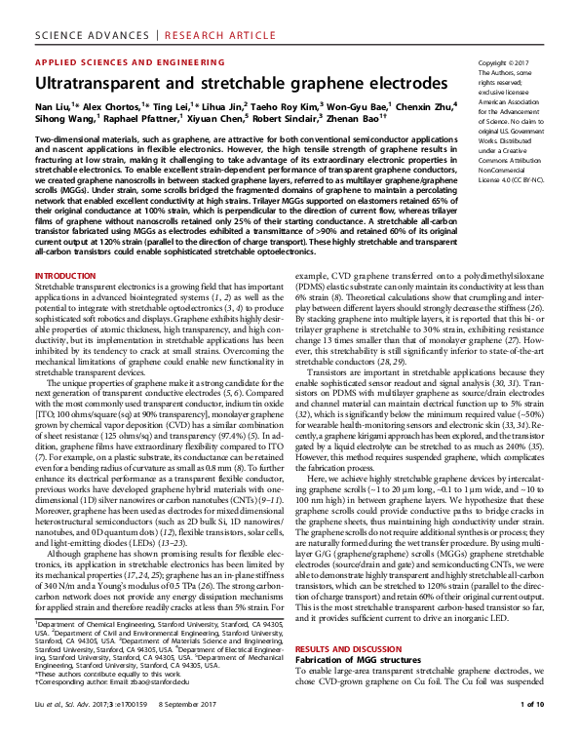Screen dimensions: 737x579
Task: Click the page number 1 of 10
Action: coord(539,729)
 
